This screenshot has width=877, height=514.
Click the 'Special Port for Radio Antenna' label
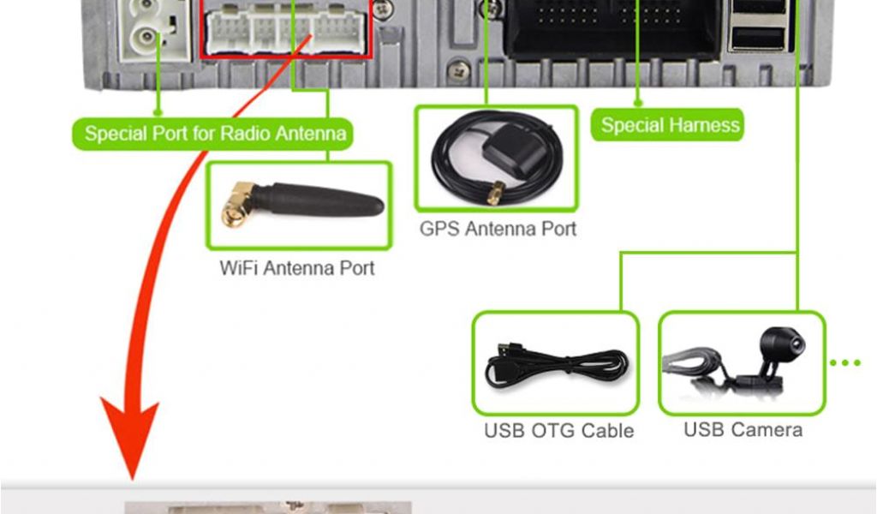tap(215, 134)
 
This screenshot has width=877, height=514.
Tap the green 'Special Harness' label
tap(669, 125)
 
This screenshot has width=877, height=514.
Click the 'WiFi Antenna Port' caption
tap(297, 268)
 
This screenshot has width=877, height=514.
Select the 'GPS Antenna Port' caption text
tap(497, 229)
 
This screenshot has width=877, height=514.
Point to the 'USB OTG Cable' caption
tap(558, 430)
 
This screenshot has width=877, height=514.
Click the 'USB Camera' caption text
tap(743, 428)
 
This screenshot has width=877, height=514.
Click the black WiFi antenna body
tap(321, 202)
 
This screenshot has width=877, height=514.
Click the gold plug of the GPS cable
tap(495, 194)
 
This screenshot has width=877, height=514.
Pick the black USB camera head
tap(782, 344)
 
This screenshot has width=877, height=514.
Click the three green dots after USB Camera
tap(845, 363)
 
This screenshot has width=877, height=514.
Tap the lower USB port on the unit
tap(758, 38)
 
